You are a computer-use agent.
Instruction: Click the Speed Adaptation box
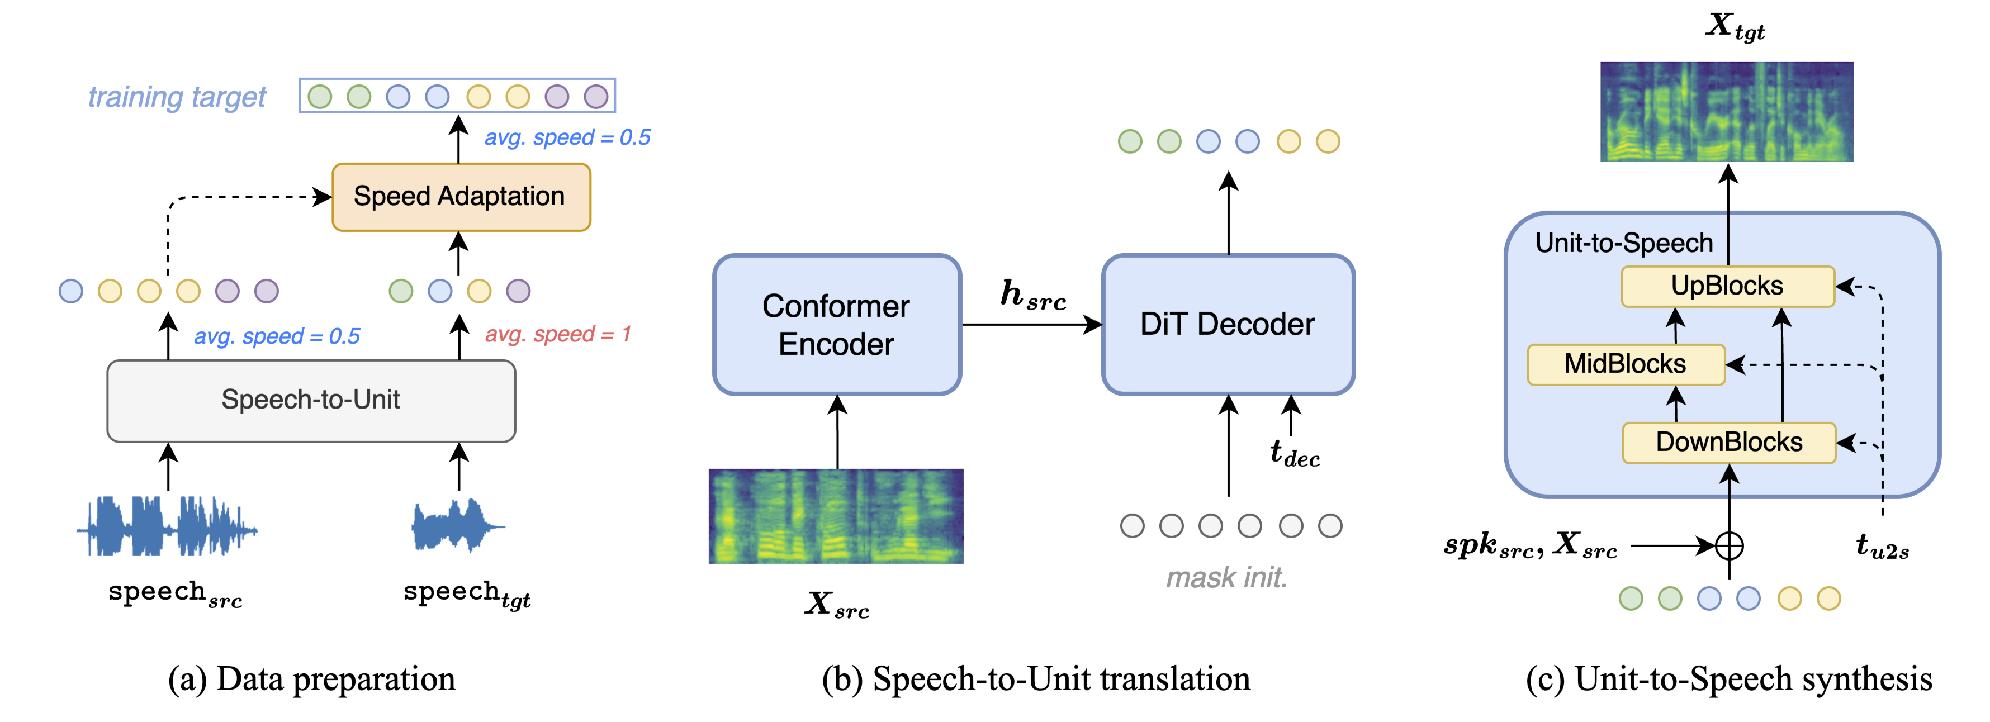coord(461,197)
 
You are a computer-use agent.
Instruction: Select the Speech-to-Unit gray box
coord(311,400)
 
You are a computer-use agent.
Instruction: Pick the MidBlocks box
coord(1626,364)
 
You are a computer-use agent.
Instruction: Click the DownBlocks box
coord(1729,443)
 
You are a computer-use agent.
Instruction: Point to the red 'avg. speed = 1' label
coord(558,334)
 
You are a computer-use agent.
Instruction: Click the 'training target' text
coord(177,97)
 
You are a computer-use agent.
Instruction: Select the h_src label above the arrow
coord(1033,295)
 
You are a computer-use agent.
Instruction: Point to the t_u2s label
coord(1882,546)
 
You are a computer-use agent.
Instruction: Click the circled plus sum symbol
coord(1729,546)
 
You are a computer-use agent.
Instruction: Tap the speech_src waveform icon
coord(167,528)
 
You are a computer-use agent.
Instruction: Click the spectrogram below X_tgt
coord(1727,112)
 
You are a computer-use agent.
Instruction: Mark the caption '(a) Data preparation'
coord(311,680)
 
